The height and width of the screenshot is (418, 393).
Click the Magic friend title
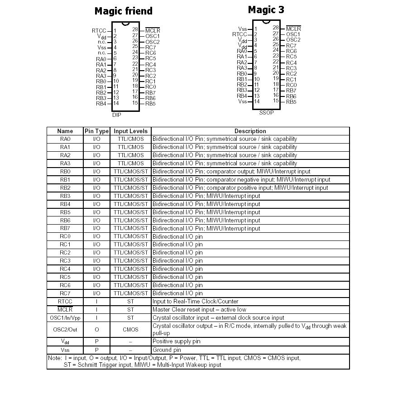[123, 11]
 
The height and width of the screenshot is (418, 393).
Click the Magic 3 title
[266, 10]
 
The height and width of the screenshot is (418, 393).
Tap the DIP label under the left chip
[116, 115]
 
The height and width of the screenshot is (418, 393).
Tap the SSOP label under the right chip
[266, 113]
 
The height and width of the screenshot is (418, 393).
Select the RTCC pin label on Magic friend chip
[99, 31]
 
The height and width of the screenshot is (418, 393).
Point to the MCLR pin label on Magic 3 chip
[293, 29]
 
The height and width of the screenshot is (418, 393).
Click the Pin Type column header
[96, 131]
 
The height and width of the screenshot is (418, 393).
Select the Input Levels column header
[130, 131]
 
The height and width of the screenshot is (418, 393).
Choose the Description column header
[250, 131]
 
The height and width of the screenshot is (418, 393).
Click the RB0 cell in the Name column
[65, 172]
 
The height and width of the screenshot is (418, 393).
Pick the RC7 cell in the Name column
[65, 293]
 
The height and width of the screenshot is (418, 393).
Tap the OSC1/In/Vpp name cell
[65, 318]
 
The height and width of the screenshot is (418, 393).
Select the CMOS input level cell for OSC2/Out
[130, 330]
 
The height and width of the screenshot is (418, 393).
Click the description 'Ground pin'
[167, 350]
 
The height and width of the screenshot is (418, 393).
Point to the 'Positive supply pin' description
[176, 341]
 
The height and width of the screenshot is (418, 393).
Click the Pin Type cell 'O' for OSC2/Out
[96, 330]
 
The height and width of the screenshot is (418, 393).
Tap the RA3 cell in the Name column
[65, 163]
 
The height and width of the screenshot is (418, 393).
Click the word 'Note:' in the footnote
[55, 358]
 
